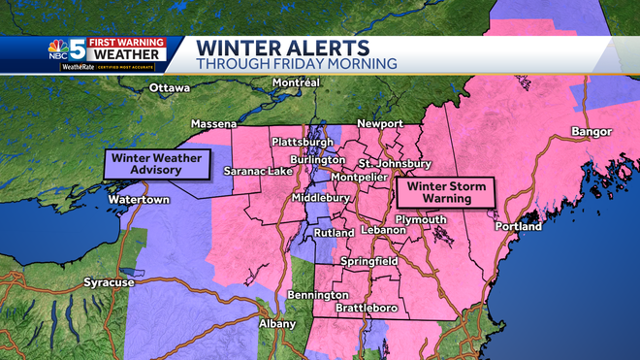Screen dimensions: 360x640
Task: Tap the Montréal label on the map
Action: point(296,83)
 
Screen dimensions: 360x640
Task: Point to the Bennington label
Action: point(318,295)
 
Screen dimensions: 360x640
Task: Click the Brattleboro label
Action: point(368,308)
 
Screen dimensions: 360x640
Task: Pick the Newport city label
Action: point(379,125)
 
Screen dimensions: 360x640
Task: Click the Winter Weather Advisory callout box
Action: point(159,164)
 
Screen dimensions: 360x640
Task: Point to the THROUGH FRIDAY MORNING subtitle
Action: point(297,64)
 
